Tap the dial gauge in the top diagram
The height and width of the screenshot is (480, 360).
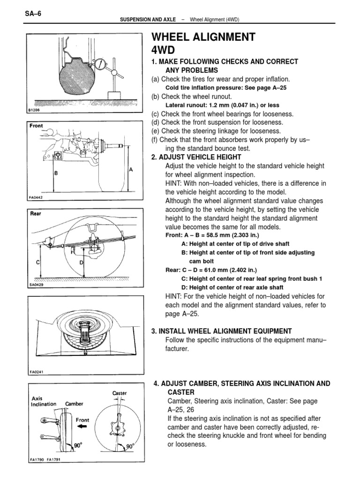[x=101, y=64]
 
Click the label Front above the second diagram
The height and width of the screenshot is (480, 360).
[x=37, y=126]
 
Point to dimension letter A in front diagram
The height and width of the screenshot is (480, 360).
[x=131, y=170]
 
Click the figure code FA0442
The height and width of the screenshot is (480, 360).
[x=36, y=197]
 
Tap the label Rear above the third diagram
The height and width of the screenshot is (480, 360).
[x=36, y=213]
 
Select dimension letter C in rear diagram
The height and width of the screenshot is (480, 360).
[x=37, y=262]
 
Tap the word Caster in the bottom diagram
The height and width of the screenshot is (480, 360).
[x=120, y=393]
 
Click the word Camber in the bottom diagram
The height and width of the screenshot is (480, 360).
[x=74, y=404]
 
